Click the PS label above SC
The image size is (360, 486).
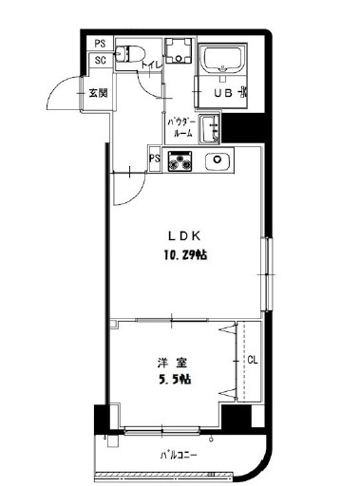pos(100,44)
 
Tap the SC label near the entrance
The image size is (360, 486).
pos(100,61)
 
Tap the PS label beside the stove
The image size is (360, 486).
pos(155,159)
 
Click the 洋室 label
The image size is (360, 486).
pos(169,361)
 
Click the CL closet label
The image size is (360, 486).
pos(252,361)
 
